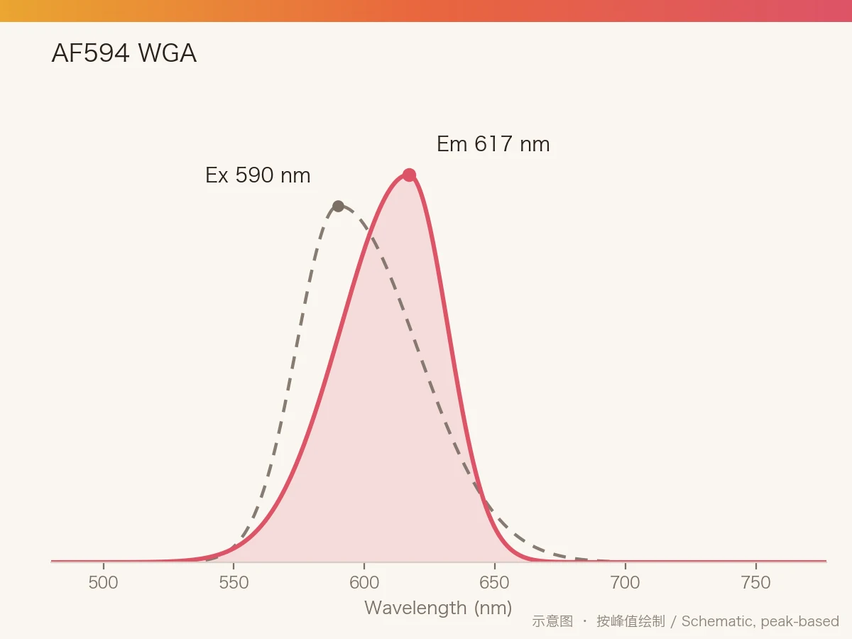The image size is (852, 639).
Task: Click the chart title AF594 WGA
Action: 124,53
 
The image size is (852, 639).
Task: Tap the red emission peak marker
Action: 409,175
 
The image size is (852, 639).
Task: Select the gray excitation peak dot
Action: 339,206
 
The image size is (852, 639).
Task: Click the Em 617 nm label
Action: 493,144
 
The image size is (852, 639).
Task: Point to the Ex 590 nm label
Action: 258,175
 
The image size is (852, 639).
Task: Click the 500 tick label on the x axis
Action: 103,583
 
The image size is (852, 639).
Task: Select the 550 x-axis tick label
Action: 234,583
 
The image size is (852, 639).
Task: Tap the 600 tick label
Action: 364,583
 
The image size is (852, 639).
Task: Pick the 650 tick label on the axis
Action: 494,583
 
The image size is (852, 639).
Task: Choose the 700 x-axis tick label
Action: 625,583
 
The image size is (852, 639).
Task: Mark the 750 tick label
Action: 755,583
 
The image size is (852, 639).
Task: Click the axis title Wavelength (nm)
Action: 438,608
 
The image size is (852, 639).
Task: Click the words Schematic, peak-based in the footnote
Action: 760,621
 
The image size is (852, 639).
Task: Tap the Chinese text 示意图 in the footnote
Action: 552,621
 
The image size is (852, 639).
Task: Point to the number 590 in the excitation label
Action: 254,175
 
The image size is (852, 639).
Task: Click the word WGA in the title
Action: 168,53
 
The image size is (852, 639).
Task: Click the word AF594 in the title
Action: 90,53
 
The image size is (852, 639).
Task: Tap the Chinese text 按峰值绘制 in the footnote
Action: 630,621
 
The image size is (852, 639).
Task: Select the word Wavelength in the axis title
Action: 415,608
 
